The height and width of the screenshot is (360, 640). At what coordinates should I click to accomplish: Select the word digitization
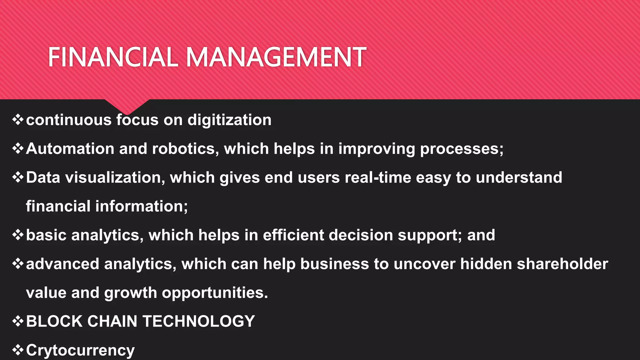pos(229,120)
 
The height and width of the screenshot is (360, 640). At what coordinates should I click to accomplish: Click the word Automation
pos(70,148)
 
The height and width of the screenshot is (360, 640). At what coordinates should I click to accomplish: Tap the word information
pos(142,206)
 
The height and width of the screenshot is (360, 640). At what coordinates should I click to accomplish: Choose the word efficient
pos(293,235)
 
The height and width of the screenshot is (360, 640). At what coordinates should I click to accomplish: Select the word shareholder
pos(562,264)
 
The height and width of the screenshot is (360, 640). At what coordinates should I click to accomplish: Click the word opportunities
pos(215,293)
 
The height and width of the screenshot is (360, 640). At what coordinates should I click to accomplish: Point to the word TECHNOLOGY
pos(198,321)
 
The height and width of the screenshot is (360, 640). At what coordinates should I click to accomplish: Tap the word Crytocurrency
pos(80,350)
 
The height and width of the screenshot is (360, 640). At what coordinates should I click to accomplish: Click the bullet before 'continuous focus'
pos(18,120)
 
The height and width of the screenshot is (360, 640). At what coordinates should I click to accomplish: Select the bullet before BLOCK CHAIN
pos(18,321)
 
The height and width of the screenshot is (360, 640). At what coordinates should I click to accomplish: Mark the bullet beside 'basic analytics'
pos(18,235)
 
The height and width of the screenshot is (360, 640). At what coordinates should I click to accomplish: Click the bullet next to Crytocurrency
pos(18,350)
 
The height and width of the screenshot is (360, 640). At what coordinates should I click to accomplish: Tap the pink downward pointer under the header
pos(127,106)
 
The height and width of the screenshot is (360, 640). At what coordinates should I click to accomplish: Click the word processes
pos(462,148)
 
